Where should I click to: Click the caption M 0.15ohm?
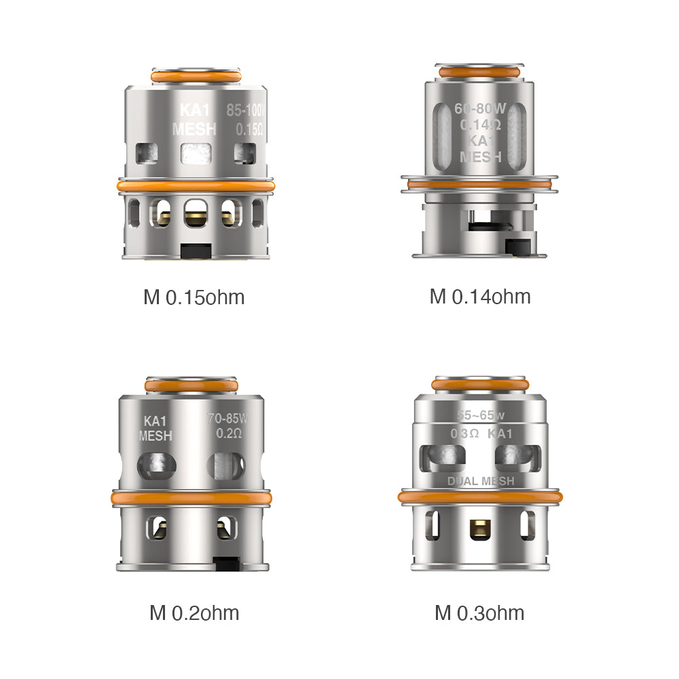point(194,297)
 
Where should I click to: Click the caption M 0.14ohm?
point(480,297)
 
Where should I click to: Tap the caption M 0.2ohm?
point(194,613)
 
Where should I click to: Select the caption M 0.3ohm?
point(479,613)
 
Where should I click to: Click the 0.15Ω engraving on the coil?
point(248,128)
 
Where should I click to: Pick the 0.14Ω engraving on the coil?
point(480,125)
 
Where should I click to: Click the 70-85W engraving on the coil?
point(227,419)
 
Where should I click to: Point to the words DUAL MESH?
point(480,481)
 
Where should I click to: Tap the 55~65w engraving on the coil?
point(480,416)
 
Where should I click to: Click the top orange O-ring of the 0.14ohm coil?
point(480,71)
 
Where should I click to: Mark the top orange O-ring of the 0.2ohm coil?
point(192,385)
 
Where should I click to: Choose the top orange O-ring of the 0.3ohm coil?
point(480,385)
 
